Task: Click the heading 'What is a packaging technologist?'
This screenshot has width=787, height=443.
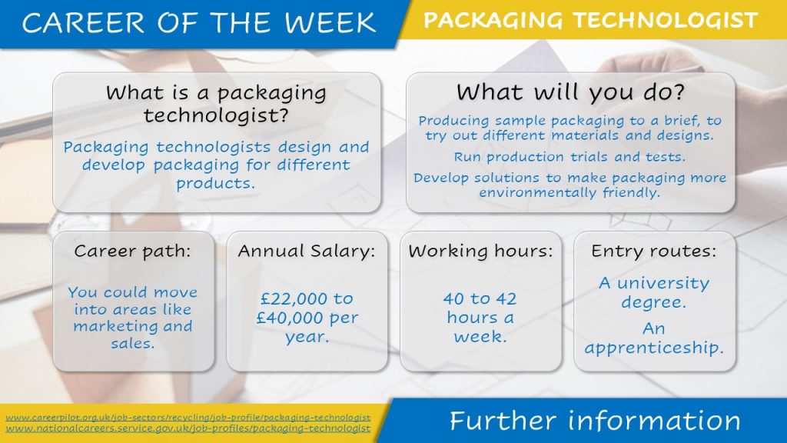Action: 216,105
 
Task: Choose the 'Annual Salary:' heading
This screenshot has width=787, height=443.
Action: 306,251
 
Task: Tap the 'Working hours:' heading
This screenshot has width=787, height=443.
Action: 480,251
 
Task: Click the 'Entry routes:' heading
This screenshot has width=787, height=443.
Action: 653,251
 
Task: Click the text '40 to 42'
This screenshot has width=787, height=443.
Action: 480,299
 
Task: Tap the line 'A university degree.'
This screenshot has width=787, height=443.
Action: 653,292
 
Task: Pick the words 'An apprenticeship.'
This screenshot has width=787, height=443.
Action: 653,338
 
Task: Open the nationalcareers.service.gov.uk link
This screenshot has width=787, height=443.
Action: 188,428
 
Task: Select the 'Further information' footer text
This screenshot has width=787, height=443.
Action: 595,421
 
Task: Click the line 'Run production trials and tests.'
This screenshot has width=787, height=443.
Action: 569,157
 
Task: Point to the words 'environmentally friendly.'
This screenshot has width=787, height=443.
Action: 569,192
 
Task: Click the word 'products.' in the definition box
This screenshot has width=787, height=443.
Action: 216,183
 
